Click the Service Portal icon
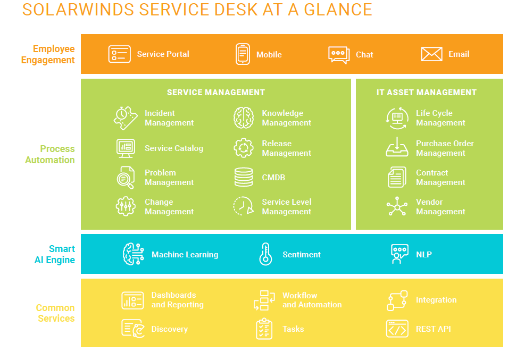120,54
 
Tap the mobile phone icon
243,54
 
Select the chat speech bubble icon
339,55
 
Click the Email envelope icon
431,54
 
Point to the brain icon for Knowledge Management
244,118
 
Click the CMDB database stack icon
244,177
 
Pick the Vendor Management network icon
397,206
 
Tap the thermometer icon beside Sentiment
265,254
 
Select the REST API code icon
397,329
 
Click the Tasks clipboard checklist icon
264,329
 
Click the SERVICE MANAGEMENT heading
216,93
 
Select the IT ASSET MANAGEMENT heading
427,93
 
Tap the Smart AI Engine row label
55,254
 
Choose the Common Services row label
56,313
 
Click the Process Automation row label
51,154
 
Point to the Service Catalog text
174,148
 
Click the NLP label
424,254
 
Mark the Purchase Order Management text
445,148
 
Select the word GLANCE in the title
338,10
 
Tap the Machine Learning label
185,255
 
